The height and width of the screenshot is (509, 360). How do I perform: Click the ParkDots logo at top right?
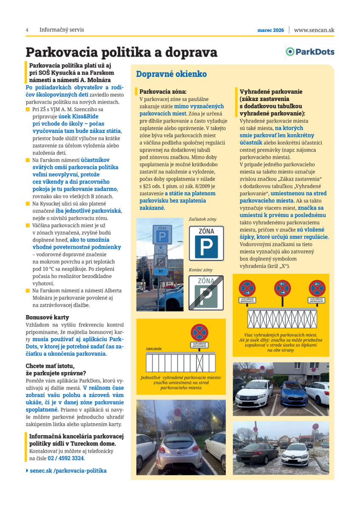pyautogui.click(x=309, y=52)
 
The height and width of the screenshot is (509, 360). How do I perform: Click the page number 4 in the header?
pyautogui.click(x=27, y=30)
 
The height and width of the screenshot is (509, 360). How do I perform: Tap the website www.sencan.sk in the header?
pyautogui.click(x=314, y=30)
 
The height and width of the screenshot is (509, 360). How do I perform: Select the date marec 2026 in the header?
pyautogui.click(x=270, y=30)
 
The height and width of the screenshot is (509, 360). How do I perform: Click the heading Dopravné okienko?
pyautogui.click(x=171, y=74)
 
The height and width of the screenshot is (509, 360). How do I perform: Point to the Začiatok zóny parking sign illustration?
pyautogui.click(x=206, y=243)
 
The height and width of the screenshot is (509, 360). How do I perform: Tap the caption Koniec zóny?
pyautogui.click(x=200, y=270)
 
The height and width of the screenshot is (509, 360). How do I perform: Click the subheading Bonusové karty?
pyautogui.click(x=47, y=317)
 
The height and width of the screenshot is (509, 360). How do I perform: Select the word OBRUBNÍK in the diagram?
pyautogui.click(x=153, y=349)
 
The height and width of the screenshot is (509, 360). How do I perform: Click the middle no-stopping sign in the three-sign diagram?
pyautogui.click(x=282, y=288)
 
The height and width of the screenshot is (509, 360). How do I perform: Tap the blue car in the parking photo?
pyautogui.click(x=294, y=393)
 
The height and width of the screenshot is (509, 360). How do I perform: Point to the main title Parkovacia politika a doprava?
pyautogui.click(x=121, y=52)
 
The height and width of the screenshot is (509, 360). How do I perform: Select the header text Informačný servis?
pyautogui.click(x=62, y=30)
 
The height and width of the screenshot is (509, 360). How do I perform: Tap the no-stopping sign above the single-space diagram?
pyautogui.click(x=199, y=332)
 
